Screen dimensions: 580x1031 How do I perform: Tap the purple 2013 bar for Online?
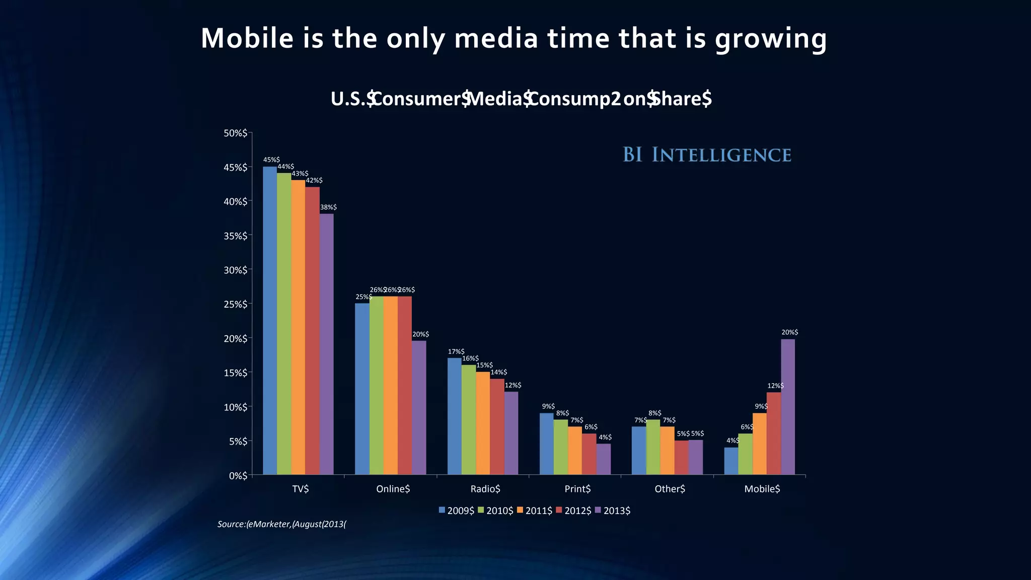[x=419, y=407]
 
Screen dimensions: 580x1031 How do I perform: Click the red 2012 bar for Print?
[x=589, y=454]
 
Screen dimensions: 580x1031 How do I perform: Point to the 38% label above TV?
[x=328, y=207]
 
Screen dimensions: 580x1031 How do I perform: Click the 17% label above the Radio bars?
[x=456, y=351]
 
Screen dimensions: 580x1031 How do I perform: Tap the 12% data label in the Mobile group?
[x=775, y=386]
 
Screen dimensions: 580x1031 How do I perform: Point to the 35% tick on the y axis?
[x=236, y=236]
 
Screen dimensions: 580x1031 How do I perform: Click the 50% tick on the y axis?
[x=236, y=133]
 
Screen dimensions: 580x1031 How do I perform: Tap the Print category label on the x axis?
[x=577, y=489]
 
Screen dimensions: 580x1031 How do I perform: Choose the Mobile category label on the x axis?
[x=762, y=489]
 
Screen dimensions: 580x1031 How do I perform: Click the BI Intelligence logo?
[x=707, y=155]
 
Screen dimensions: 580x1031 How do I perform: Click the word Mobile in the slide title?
[x=247, y=38]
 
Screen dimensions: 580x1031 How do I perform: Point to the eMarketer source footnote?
[x=282, y=524]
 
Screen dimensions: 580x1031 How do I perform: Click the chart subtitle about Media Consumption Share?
[x=521, y=99]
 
